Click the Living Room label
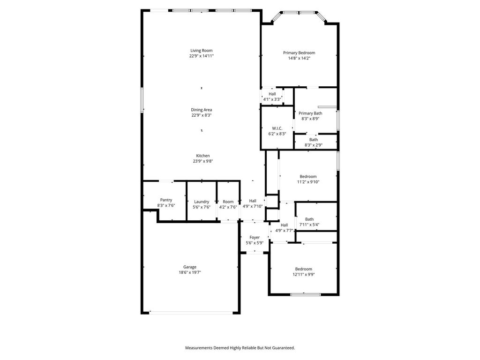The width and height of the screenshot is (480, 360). pos(202,51)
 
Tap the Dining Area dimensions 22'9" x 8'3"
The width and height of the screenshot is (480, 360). pos(202,115)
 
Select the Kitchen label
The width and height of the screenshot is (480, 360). pos(203,156)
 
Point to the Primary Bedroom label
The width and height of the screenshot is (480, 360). pos(299,52)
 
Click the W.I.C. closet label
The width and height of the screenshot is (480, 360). pos(277,128)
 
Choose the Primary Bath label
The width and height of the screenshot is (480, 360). pos(310,113)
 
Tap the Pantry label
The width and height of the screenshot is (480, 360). pos(166,200)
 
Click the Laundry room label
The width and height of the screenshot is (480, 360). pos(202,202)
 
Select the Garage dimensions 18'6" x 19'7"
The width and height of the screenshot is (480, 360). pos(190,272)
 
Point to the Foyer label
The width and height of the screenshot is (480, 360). pos(255,237)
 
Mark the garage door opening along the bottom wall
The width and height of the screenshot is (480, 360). pos(191,313)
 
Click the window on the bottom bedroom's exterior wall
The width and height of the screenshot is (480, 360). pos(305,294)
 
